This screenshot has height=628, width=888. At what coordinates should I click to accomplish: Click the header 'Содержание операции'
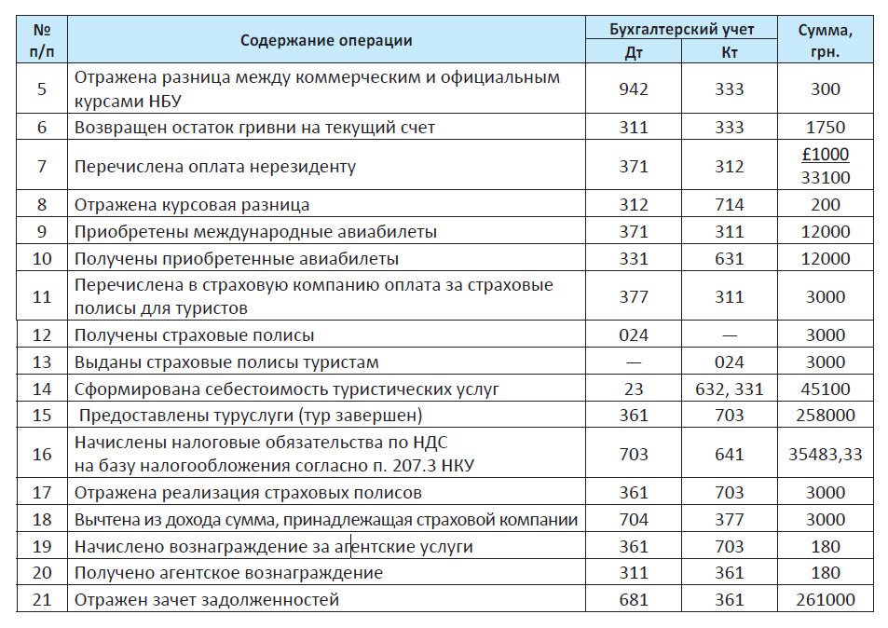click(x=326, y=41)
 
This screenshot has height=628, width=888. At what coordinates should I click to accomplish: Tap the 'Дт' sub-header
click(x=633, y=53)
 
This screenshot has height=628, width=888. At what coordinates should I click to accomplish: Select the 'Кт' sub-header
click(x=730, y=53)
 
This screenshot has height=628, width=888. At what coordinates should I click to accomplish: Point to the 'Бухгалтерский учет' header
click(x=682, y=30)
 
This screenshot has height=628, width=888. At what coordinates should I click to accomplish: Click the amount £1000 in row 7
click(x=826, y=155)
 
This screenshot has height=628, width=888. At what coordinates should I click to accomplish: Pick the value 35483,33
click(x=826, y=454)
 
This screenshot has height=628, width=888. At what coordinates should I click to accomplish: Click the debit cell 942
click(x=633, y=89)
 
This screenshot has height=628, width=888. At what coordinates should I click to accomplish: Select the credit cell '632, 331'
click(x=730, y=389)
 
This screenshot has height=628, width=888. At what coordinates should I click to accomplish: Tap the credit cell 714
click(x=730, y=204)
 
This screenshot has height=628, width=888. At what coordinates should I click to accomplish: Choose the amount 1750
click(x=826, y=128)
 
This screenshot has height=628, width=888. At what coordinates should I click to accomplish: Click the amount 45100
click(x=826, y=389)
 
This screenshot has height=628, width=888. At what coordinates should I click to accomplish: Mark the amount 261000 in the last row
click(x=826, y=600)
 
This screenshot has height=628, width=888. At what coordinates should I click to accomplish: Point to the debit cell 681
click(x=633, y=600)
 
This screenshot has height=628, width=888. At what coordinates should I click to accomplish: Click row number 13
click(x=42, y=362)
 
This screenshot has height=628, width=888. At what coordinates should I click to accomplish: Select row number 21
click(x=42, y=600)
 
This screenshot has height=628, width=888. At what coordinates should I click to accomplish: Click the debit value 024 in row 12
click(x=633, y=335)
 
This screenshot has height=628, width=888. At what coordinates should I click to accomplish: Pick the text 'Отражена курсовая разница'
click(x=192, y=205)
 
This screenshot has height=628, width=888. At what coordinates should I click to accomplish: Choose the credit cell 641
click(x=730, y=454)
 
